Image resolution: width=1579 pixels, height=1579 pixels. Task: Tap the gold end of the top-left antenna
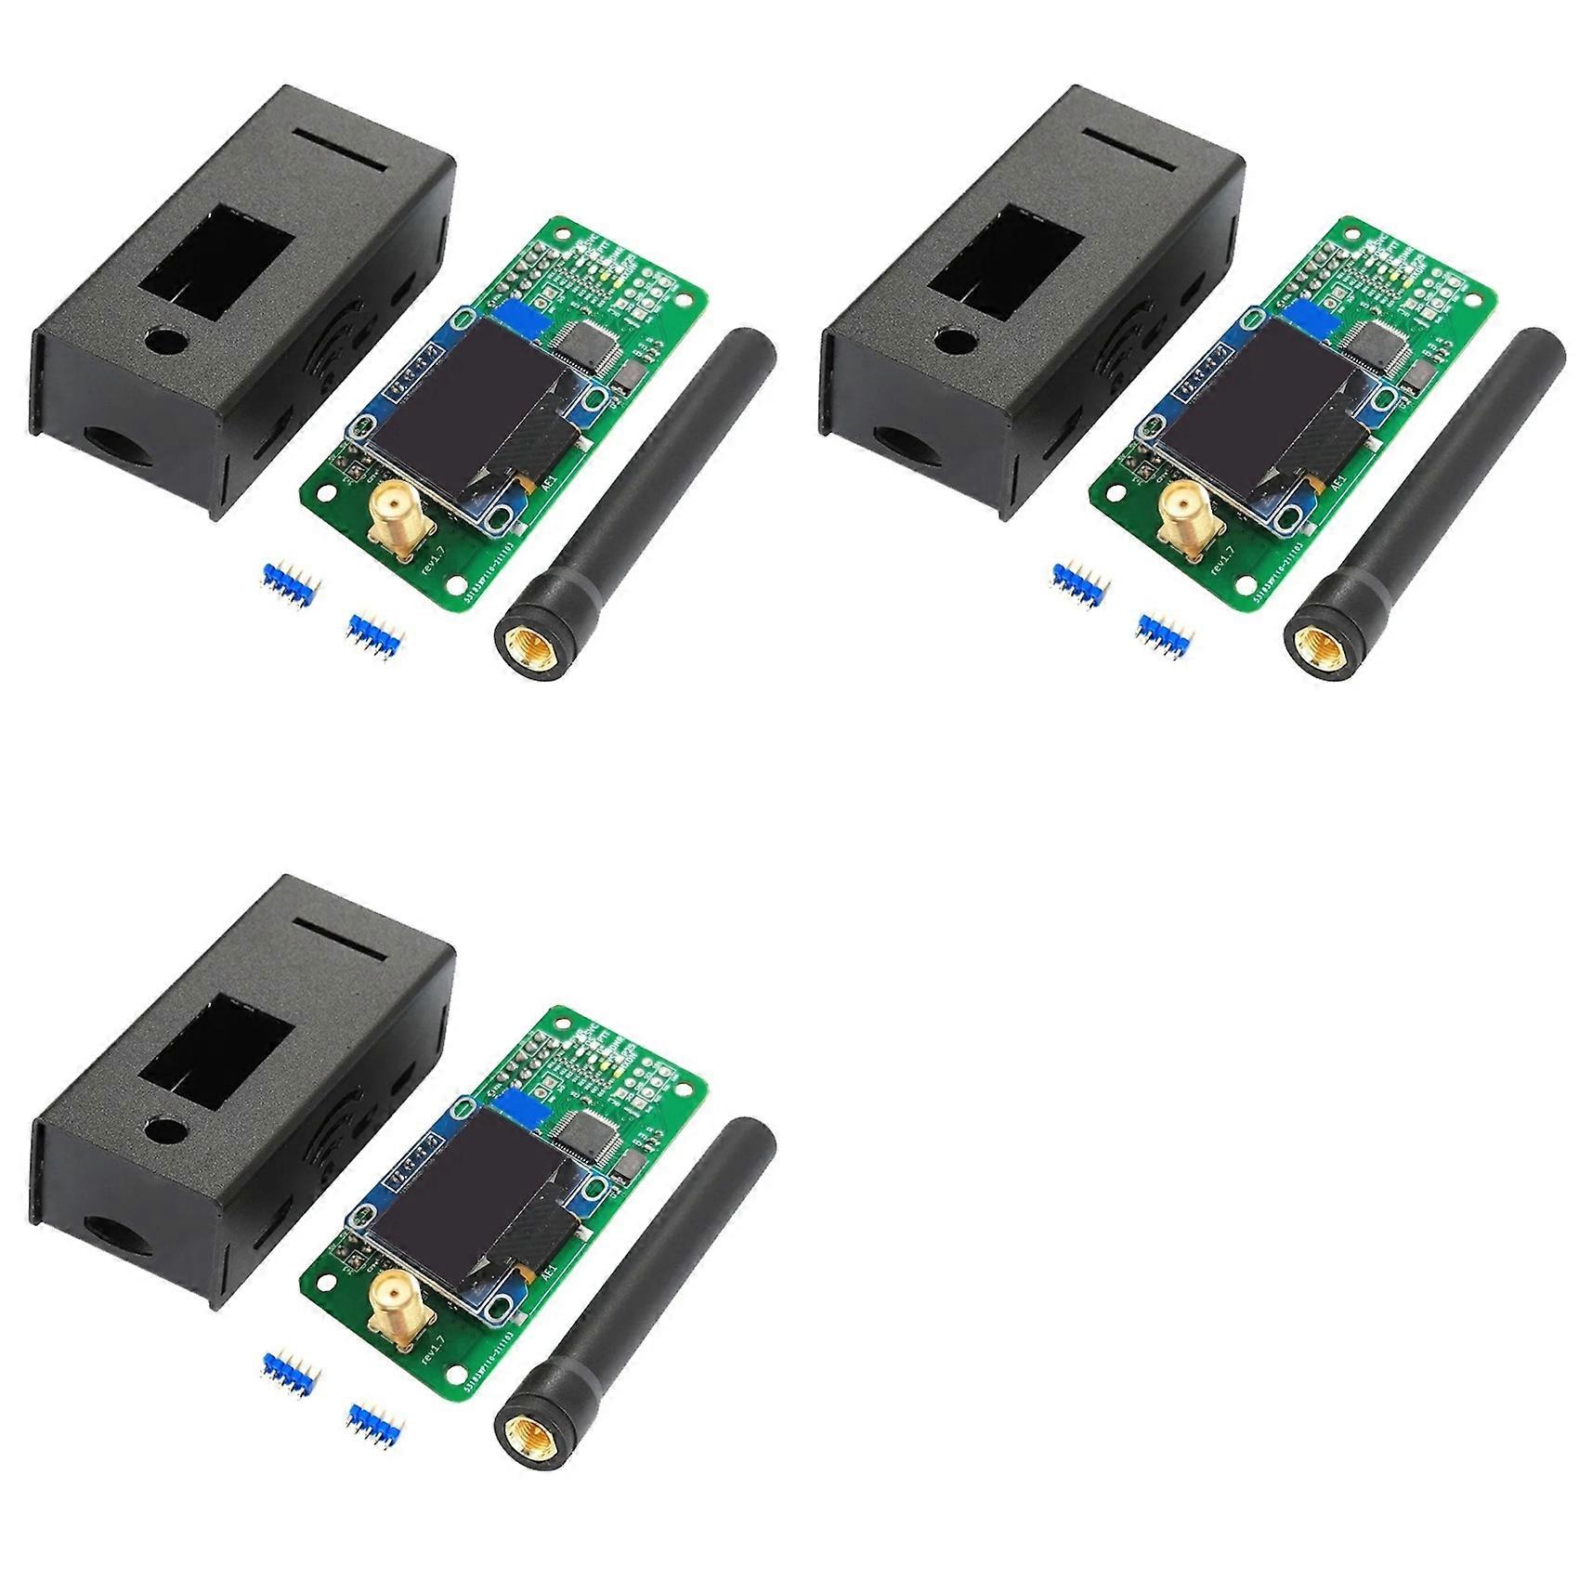[527, 639]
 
